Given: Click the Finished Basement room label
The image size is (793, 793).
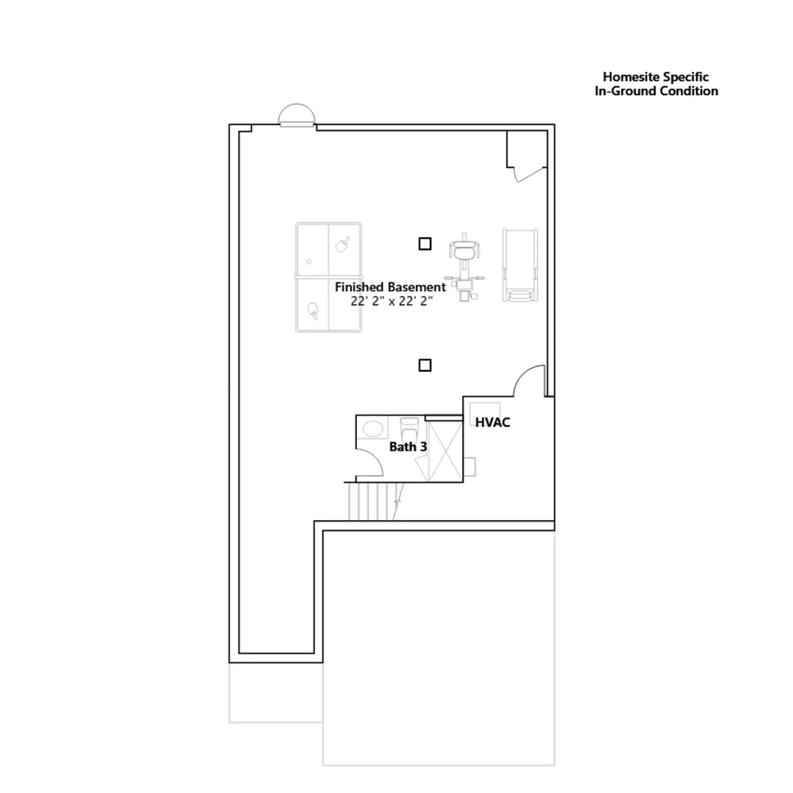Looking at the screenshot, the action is pos(390,287).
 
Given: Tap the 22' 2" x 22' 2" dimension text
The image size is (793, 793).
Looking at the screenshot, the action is pos(392,301).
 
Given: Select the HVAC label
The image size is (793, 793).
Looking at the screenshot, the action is pos(492,422).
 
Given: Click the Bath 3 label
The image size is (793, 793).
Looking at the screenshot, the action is pos(408,447).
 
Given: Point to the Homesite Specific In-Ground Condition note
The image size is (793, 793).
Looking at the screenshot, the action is pos(656,84).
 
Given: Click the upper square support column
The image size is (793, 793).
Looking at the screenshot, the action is pos(425,243).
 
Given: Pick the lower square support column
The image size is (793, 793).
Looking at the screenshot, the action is pos(425,365).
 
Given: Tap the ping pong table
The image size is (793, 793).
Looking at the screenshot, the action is pos(329,277).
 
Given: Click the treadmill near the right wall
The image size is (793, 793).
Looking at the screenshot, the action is pos(520,265).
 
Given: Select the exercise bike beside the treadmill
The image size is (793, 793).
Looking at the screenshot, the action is pos(464,267).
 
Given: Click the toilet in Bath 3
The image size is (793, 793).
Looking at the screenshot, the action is pos(409,428).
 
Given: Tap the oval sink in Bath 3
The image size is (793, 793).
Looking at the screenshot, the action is pos(373,428).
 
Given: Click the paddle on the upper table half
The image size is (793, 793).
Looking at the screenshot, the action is pos(342,244).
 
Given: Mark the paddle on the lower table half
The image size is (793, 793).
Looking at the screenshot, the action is pos(313,311).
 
